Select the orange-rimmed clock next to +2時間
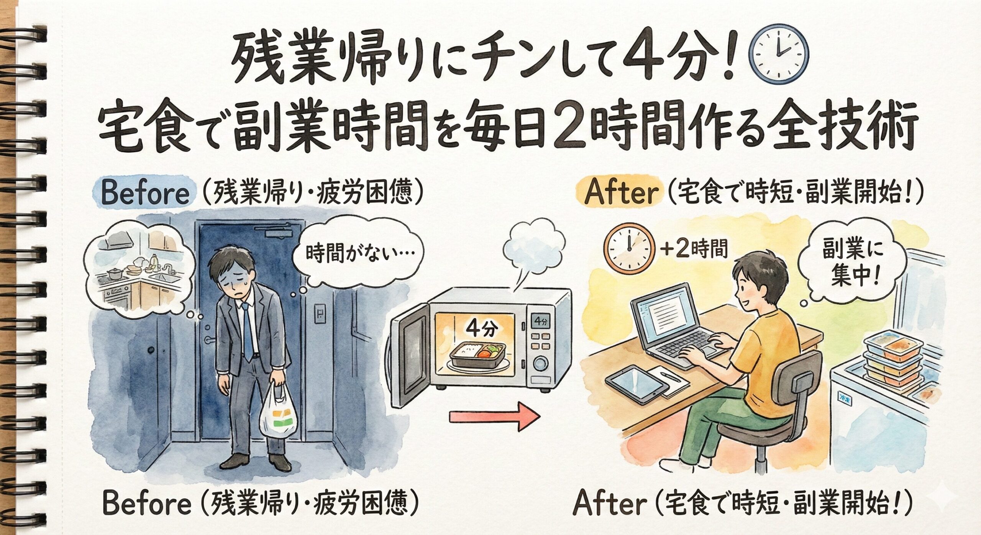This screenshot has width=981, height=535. pyautogui.click(x=628, y=247)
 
